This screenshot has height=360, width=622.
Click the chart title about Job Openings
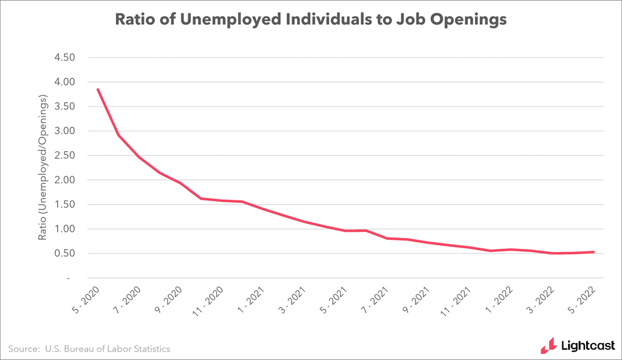coord(310,20)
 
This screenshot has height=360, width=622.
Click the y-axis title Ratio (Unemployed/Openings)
coord(43,167)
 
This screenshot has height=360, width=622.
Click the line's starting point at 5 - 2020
coord(98,90)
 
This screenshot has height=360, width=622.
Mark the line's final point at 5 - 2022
coord(593,252)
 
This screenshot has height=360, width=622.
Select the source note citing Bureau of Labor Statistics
coord(89,348)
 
